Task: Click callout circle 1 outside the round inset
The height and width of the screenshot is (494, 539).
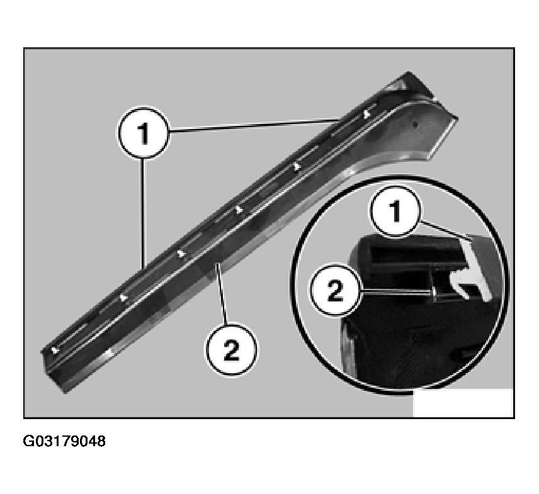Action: pyautogui.click(x=144, y=133)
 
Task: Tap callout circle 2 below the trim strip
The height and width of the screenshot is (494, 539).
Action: pyautogui.click(x=231, y=350)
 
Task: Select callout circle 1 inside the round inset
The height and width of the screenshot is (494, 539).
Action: pyautogui.click(x=395, y=211)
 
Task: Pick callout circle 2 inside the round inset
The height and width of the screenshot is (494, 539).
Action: pyautogui.click(x=335, y=290)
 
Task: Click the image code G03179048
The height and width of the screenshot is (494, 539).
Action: pyautogui.click(x=64, y=441)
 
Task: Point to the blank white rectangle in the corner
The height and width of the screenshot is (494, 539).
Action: pyautogui.click(x=463, y=403)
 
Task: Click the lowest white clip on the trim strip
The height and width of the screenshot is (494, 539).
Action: pyautogui.click(x=55, y=350)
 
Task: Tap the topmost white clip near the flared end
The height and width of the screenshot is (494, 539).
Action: pyautogui.click(x=367, y=113)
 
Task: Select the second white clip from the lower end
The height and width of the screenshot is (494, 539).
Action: pyautogui.click(x=123, y=298)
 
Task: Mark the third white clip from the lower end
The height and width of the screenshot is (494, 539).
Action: pyautogui.click(x=181, y=254)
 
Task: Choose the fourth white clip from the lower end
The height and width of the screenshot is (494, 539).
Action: pyautogui.click(x=239, y=210)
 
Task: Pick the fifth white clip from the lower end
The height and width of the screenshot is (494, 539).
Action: pyautogui.click(x=297, y=167)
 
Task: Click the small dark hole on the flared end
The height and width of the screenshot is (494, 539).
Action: pyautogui.click(x=415, y=125)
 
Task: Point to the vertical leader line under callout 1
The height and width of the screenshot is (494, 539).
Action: pyautogui.click(x=143, y=213)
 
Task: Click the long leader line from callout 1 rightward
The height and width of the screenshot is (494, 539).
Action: pyautogui.click(x=254, y=125)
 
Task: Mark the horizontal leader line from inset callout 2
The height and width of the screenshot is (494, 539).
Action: pyautogui.click(x=395, y=292)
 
